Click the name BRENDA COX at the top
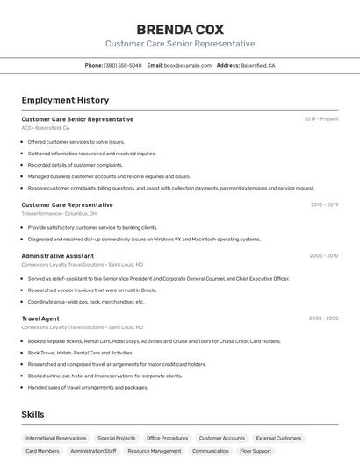coord(180,29)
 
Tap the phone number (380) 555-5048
coord(122,65)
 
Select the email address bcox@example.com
coord(187,65)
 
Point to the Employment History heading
coord(65,100)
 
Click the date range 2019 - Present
coord(320,119)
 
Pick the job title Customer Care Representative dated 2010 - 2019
coord(67,204)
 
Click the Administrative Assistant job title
coord(57,256)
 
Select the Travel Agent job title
coord(40,318)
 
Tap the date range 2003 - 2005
coord(323,318)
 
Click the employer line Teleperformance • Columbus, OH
coord(59,213)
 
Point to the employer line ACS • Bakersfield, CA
coord(46,128)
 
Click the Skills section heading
coord(32,414)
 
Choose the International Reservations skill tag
coord(56,438)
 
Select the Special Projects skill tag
coord(117,438)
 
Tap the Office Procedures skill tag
coord(167,438)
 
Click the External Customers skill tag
coord(278,438)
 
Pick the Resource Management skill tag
coord(154,451)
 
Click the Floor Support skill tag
coord(256,451)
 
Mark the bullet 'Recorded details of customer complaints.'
coord(75,165)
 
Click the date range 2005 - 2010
coord(323,256)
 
